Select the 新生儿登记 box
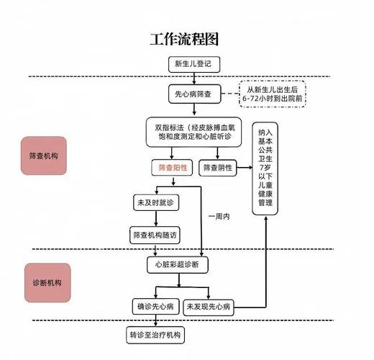tap(193, 64)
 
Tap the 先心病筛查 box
tap(193, 94)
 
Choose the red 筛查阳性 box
tap(173, 168)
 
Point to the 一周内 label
tap(219, 216)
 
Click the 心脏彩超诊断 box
tap(177, 265)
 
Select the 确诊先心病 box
tap(156, 307)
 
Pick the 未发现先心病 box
tap(209, 307)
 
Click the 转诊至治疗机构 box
tap(156, 336)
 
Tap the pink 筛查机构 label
tap(43, 156)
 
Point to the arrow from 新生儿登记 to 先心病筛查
tap(193, 78)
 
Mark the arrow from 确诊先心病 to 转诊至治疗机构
tap(156, 321)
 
